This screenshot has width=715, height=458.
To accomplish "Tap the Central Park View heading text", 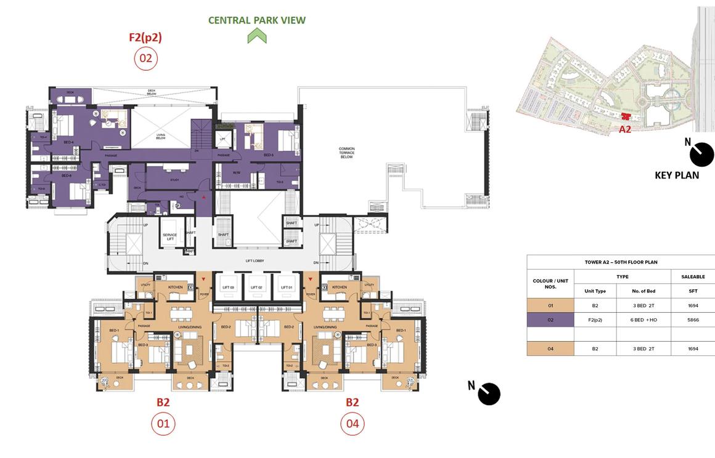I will (256, 20).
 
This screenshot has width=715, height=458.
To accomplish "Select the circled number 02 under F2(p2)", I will (146, 58).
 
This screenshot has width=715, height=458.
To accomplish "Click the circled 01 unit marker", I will (163, 424).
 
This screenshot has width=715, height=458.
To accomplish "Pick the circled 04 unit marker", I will (353, 424).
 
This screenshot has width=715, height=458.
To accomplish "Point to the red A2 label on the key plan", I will (625, 129).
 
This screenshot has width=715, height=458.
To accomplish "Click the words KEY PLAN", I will (677, 175).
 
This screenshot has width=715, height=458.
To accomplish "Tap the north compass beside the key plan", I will (701, 155).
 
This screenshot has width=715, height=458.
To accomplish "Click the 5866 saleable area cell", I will (693, 320).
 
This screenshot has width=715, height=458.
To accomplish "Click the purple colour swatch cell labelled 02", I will (550, 320).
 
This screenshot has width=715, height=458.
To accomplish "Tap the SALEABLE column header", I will (693, 277).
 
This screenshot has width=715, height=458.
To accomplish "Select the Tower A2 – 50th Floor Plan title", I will (621, 262).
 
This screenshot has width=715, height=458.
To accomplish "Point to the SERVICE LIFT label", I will (170, 235).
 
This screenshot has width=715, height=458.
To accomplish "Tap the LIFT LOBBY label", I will (255, 261).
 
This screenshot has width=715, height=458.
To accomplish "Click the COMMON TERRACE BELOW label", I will (347, 153).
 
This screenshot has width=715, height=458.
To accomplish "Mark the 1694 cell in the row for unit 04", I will (693, 348).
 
